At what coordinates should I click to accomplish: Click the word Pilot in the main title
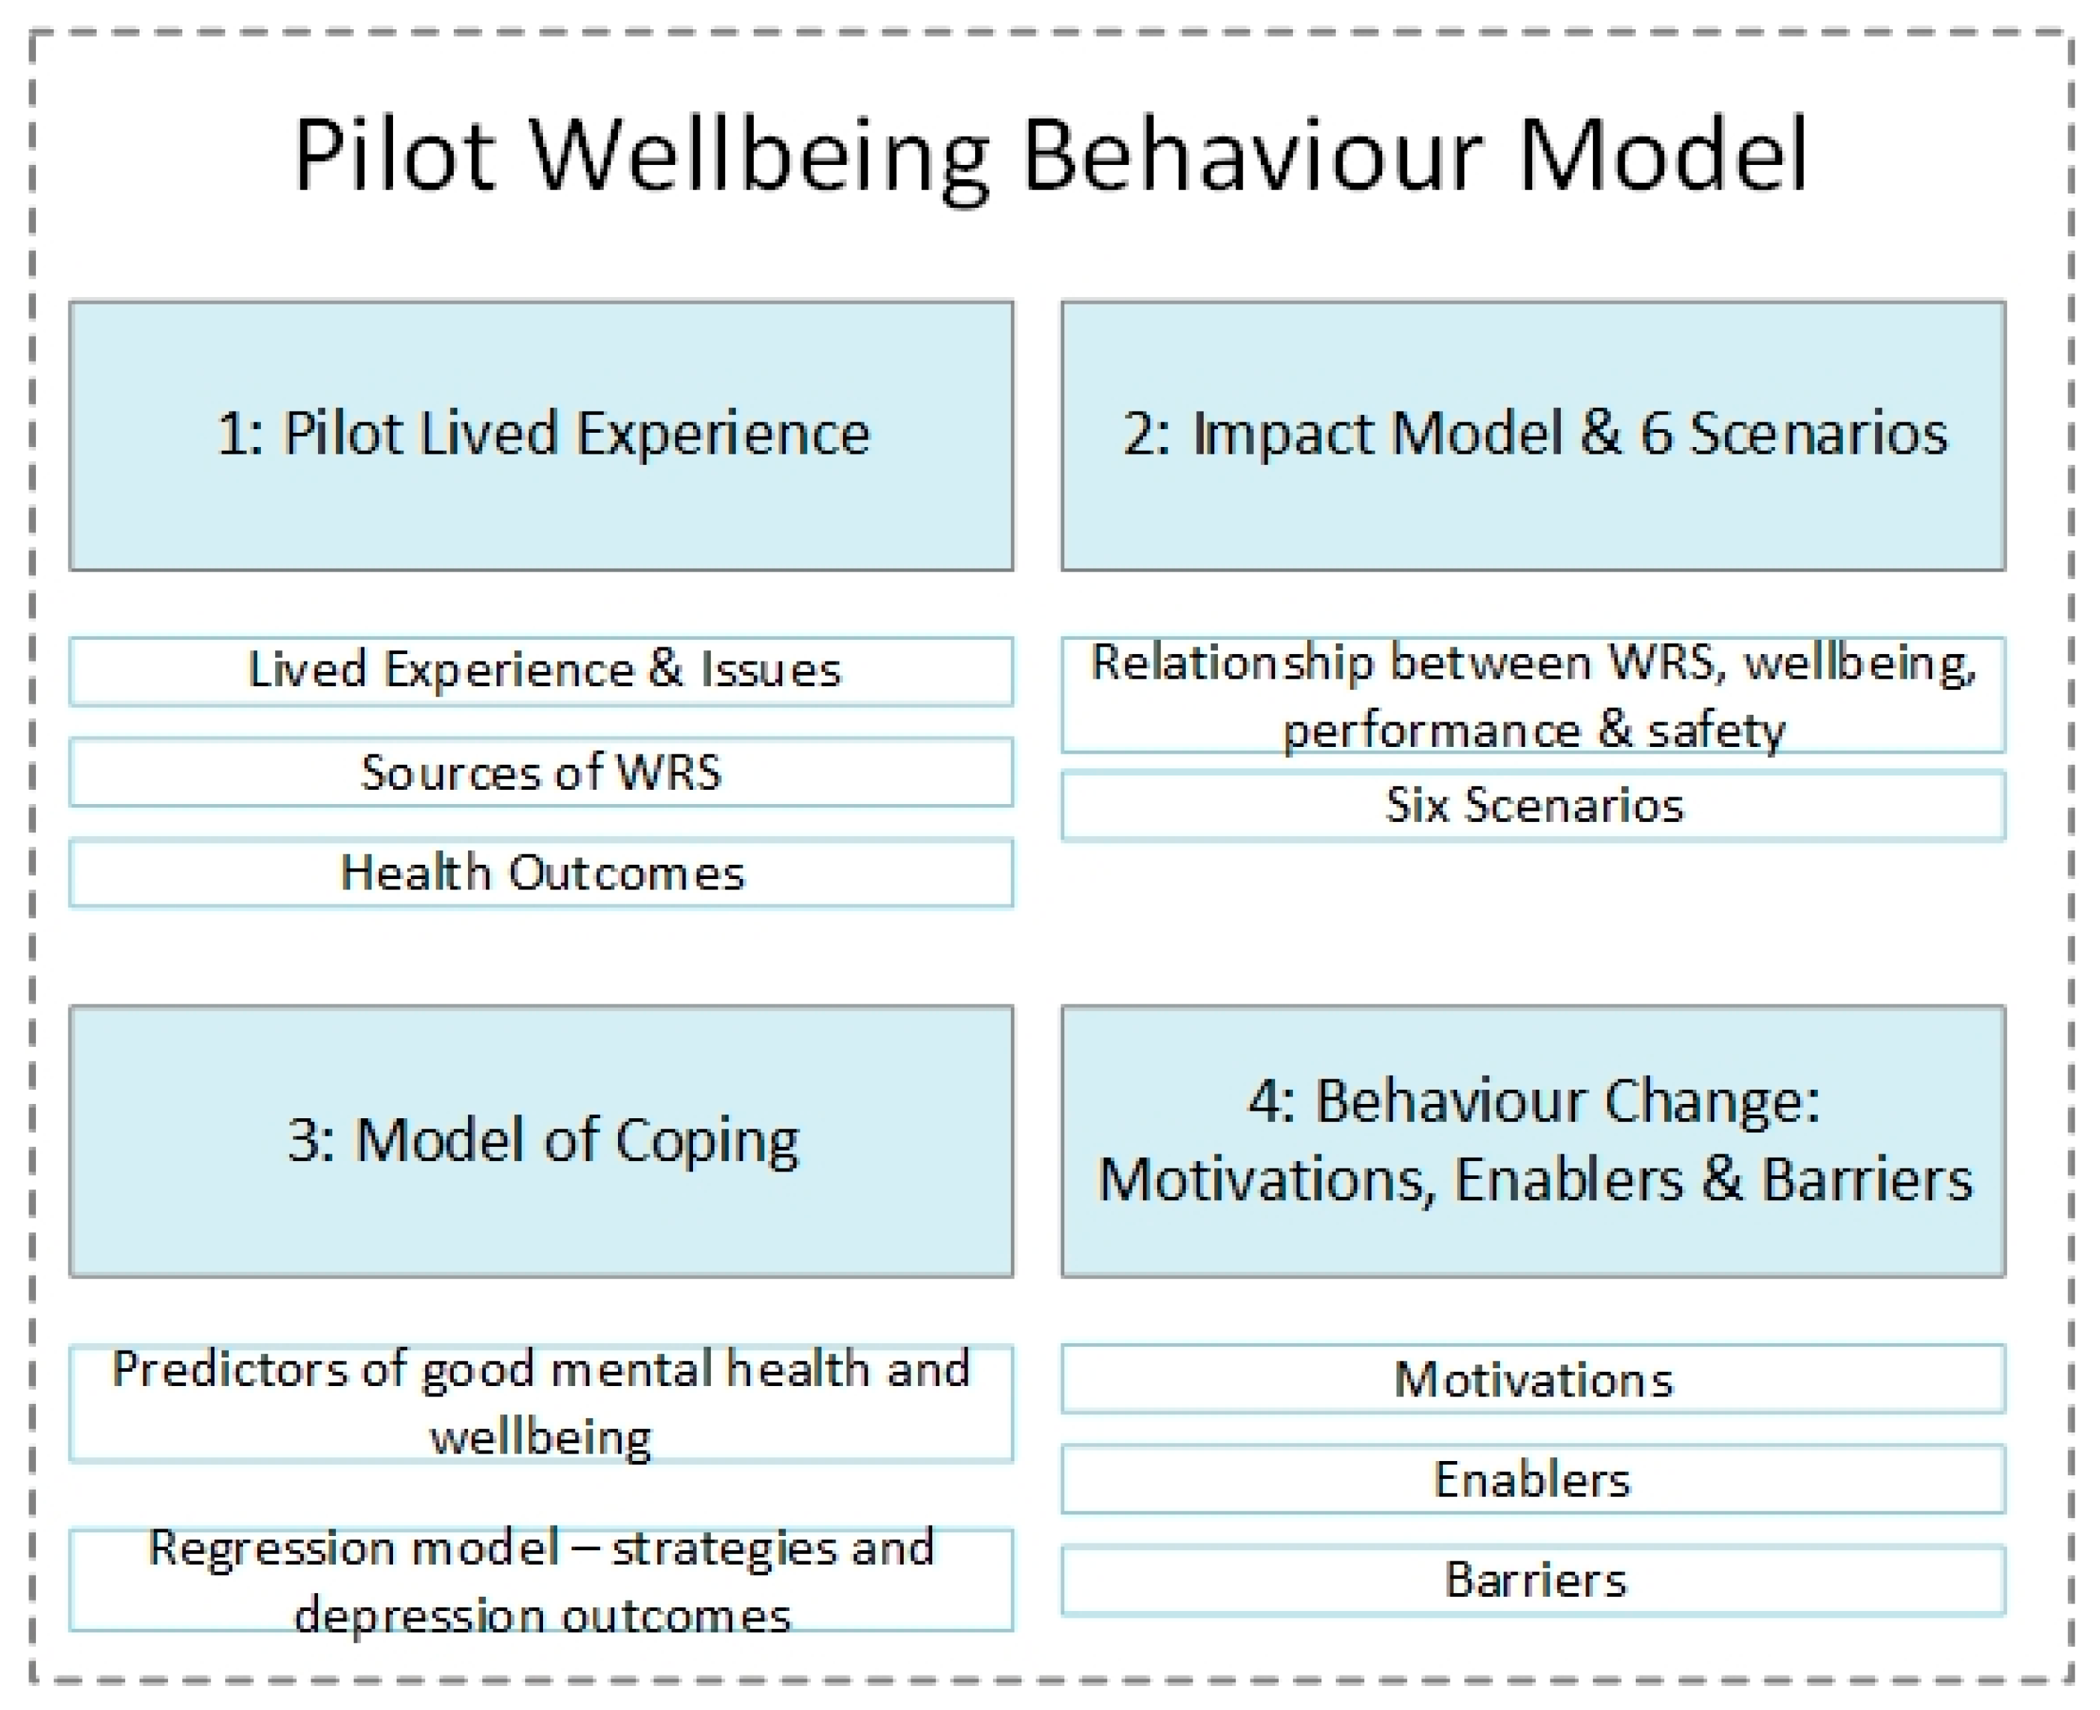pos(393,156)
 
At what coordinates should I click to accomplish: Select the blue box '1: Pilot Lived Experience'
pos(541,436)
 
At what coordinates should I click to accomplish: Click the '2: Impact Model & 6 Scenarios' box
pos(1533,436)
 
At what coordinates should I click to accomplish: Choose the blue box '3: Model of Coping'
pos(541,1141)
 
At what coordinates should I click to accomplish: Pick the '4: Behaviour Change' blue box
pos(1533,1141)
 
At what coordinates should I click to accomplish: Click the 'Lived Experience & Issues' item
pos(541,670)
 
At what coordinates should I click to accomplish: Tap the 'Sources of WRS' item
pos(541,772)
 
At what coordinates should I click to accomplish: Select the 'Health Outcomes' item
pos(541,873)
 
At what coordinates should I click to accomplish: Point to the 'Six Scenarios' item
pos(1533,805)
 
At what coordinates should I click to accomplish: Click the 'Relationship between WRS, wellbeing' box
pos(1533,695)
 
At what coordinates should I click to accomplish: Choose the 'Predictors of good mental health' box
pos(541,1402)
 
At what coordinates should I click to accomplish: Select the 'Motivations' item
pos(1533,1379)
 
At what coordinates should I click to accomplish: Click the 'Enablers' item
pos(1533,1480)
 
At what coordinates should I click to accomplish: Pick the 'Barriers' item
pos(1533,1580)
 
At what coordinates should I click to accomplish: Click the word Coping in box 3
pos(706,1143)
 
